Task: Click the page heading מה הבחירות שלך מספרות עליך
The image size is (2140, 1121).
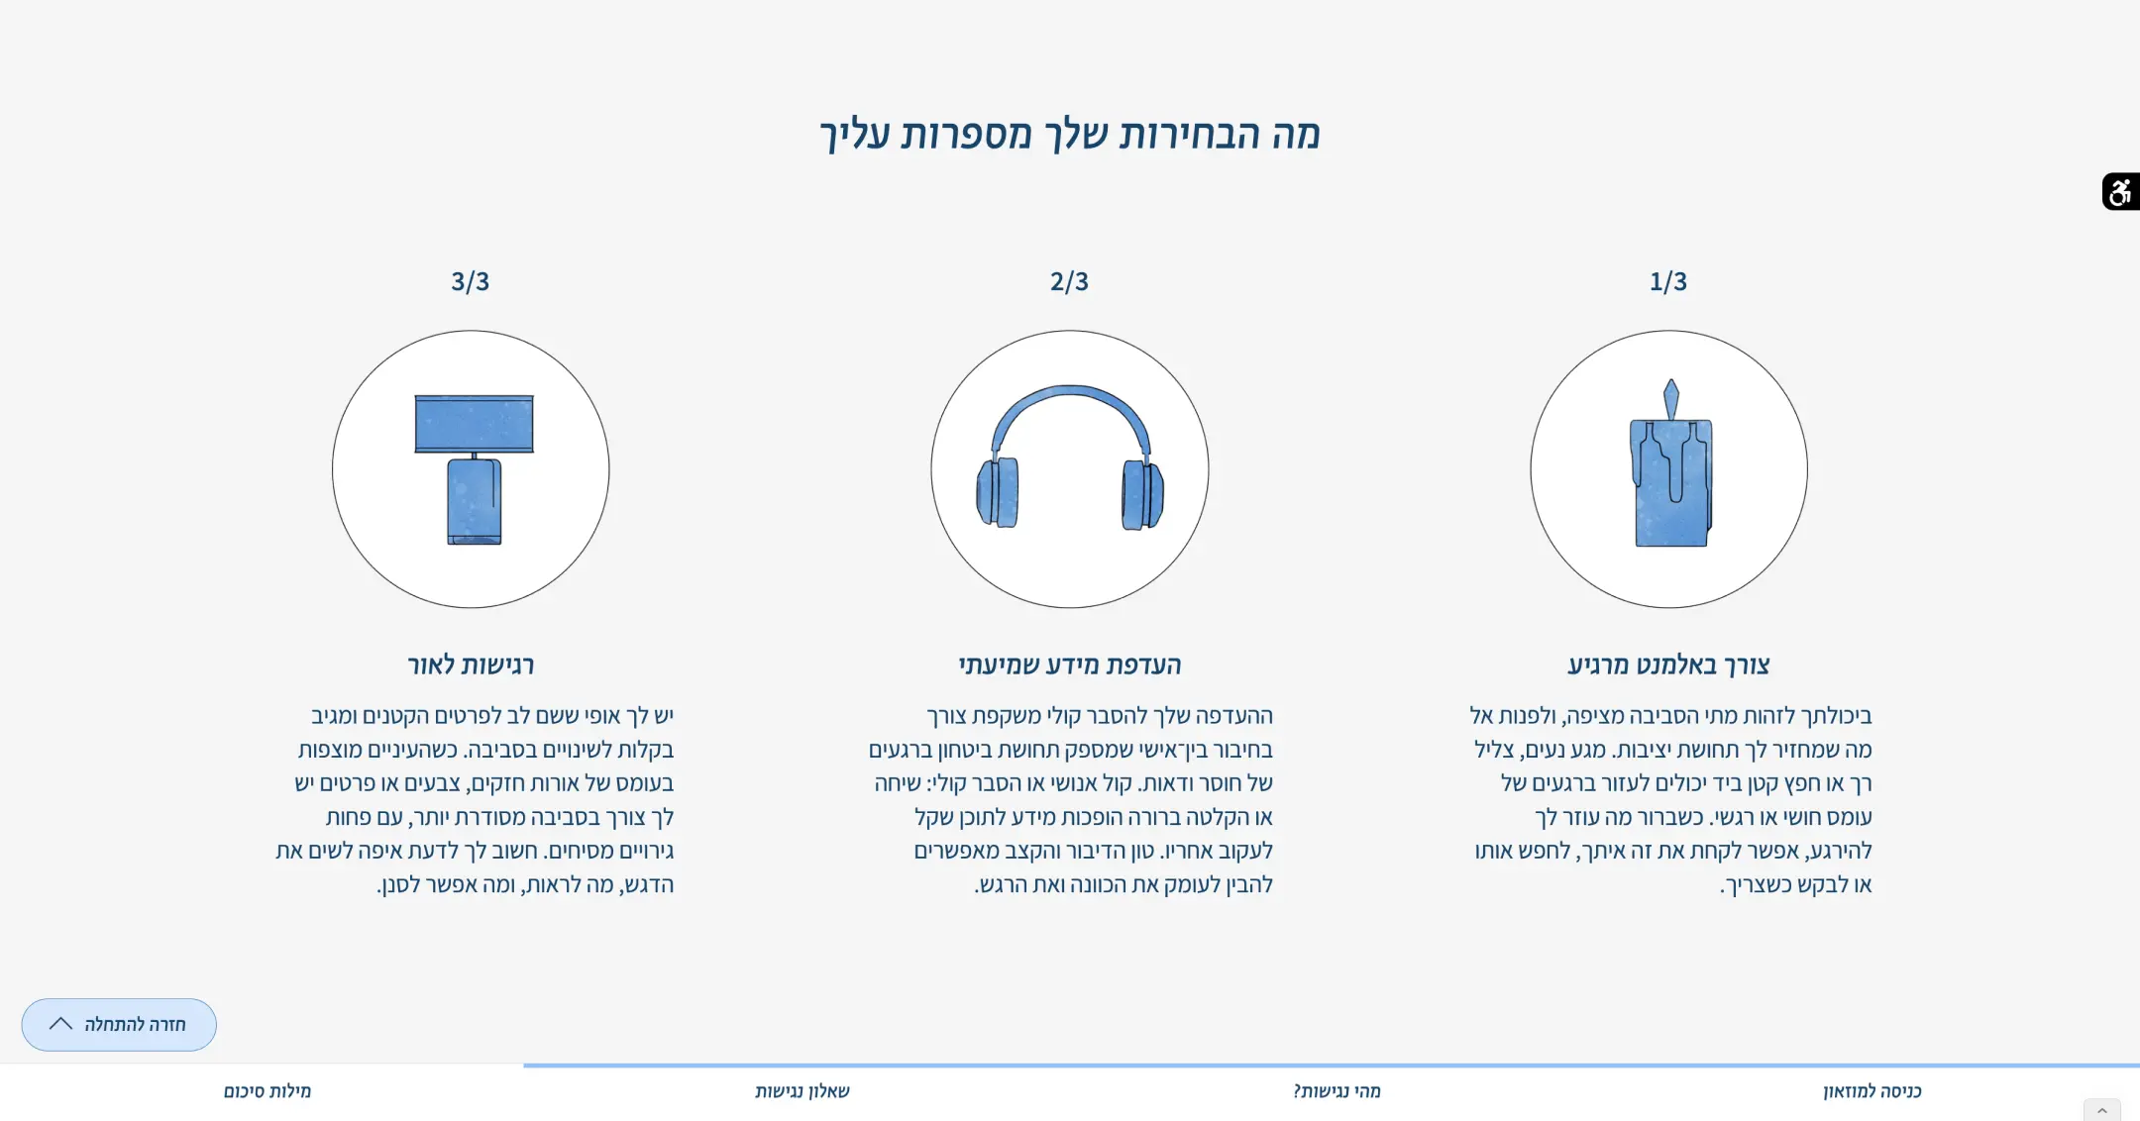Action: (x=1070, y=135)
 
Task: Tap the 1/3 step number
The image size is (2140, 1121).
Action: (x=1668, y=281)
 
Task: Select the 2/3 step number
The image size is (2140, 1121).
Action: (x=1069, y=281)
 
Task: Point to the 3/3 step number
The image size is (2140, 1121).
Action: (x=470, y=281)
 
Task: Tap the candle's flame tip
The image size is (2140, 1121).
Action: (x=1671, y=380)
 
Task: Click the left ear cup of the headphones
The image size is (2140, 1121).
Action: (x=998, y=492)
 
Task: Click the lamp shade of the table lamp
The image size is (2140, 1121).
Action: (x=474, y=424)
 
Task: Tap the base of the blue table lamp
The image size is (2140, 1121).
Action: (x=474, y=501)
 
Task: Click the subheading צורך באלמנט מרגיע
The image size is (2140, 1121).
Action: (x=1668, y=664)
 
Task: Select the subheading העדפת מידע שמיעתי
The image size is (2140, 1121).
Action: (x=1070, y=664)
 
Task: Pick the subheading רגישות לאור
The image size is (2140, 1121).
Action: (x=471, y=664)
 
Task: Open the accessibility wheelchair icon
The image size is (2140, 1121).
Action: (x=2120, y=191)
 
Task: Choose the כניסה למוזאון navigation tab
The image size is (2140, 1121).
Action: (x=1872, y=1091)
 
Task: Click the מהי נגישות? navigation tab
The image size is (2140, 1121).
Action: (x=1337, y=1091)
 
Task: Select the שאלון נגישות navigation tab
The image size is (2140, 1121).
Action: (x=802, y=1091)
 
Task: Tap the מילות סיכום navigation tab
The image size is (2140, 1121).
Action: (x=267, y=1091)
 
